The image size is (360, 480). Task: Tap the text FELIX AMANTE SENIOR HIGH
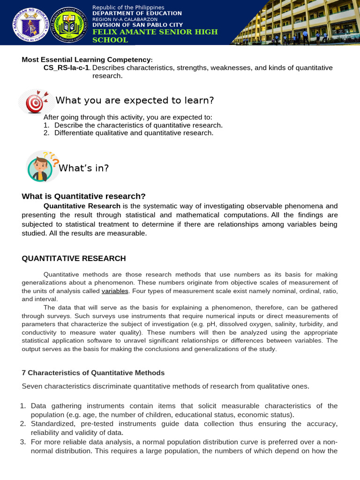click(x=155, y=32)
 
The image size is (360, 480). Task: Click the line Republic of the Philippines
click(x=128, y=7)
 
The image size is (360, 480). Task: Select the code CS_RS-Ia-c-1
click(x=67, y=68)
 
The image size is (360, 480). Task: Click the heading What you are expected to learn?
click(x=135, y=101)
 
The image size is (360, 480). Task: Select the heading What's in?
click(x=83, y=168)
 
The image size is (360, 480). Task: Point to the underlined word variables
click(x=115, y=291)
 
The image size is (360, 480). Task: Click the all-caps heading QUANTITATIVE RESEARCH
click(x=74, y=258)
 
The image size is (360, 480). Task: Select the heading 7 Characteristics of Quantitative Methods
click(x=93, y=373)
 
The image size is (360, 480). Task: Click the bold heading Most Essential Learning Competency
click(x=87, y=60)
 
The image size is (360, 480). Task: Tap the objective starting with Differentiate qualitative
click(x=134, y=133)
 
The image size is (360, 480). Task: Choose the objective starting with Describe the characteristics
click(x=138, y=125)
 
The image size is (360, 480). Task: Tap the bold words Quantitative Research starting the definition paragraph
click(x=82, y=206)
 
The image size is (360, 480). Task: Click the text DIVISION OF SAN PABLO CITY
click(x=137, y=25)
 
